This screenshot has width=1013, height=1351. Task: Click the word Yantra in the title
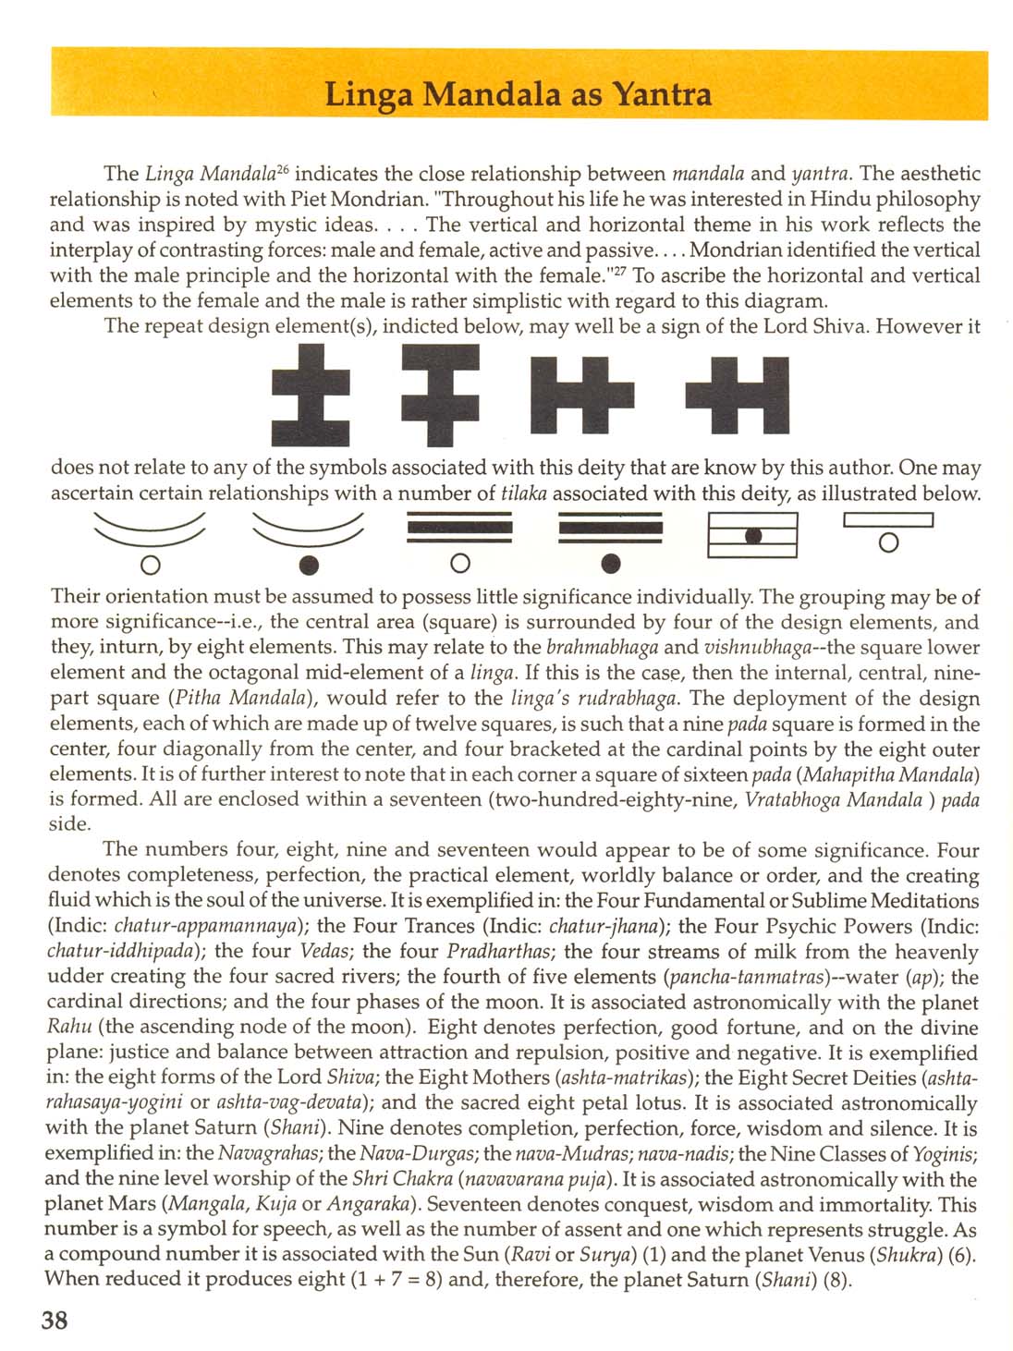pyautogui.click(x=663, y=94)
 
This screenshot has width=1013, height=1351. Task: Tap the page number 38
pyautogui.click(x=55, y=1319)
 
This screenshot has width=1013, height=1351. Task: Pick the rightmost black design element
pyautogui.click(x=738, y=396)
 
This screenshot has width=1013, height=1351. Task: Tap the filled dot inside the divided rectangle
pyautogui.click(x=753, y=535)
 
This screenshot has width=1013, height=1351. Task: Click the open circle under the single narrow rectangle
pyautogui.click(x=888, y=542)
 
